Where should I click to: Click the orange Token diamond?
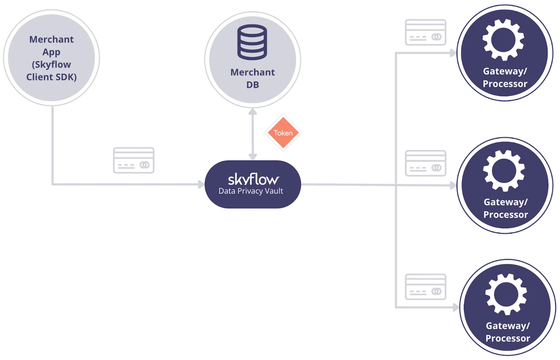pos(283,133)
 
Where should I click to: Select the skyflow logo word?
pos(253,179)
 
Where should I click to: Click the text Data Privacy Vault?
pos(251,191)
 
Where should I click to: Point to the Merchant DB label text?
pos(252,78)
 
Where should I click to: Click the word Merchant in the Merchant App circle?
pos(51,39)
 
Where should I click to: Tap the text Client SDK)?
pos(51,77)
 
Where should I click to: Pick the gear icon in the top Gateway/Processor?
pos(503,40)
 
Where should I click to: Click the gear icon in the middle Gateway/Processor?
pos(504,171)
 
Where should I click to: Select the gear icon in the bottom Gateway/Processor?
pos(506,294)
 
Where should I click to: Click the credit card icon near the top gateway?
pos(425,33)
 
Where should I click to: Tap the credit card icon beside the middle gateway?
pos(425,163)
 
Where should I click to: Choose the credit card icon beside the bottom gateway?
pos(425,287)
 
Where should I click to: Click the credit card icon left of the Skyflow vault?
pos(134,160)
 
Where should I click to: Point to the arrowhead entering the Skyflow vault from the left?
pos(201,184)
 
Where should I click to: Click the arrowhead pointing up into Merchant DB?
pos(253,112)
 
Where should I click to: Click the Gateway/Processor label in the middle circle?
pos(505,208)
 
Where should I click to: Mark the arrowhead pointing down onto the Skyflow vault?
pos(253,157)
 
